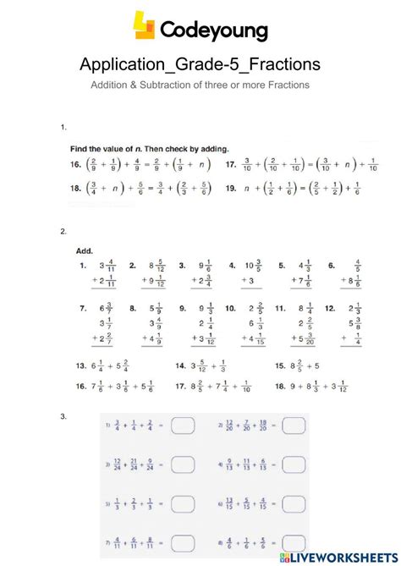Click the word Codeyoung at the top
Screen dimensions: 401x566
[213, 31]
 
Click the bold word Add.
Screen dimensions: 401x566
[85, 250]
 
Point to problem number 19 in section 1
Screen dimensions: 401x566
[230, 190]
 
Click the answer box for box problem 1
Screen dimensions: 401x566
[183, 426]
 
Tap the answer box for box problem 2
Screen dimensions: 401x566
[294, 426]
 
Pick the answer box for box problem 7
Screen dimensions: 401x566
[183, 542]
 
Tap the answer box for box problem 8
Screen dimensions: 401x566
[294, 542]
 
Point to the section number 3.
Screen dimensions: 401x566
[63, 415]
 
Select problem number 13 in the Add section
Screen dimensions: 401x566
[81, 366]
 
